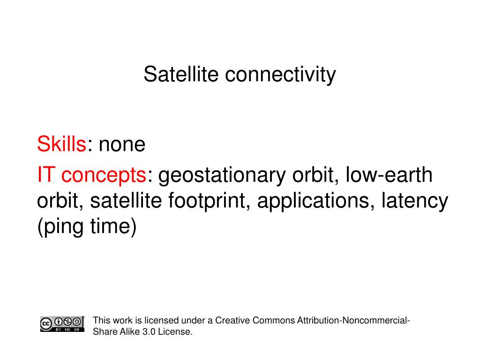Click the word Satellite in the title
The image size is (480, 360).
181,74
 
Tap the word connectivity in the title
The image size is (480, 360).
280,75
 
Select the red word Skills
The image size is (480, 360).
61,143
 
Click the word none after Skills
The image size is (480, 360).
122,145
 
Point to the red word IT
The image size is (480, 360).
46,174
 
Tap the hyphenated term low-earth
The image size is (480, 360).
389,174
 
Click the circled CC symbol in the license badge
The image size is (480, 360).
46,324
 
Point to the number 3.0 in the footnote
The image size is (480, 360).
149,331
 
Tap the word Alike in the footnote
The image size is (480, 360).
130,331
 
